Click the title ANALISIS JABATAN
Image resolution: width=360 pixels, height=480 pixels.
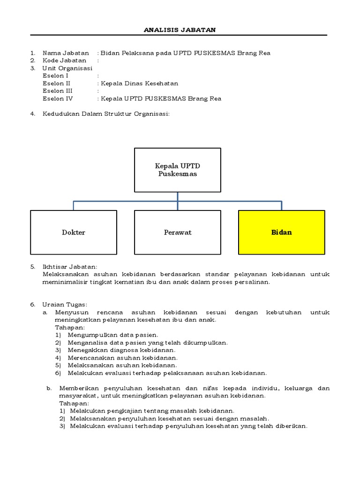coord(180,30)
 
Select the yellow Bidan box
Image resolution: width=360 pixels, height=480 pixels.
coord(281,232)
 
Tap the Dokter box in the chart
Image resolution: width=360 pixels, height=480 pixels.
coord(74,232)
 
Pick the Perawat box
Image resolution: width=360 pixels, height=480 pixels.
coord(178,232)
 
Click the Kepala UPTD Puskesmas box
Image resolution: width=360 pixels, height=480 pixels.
coord(178,170)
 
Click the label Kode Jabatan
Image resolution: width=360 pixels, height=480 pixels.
coord(64,60)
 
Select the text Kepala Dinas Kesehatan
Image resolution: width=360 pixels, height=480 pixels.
coord(140,83)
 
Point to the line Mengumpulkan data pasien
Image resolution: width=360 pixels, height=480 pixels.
coord(113,335)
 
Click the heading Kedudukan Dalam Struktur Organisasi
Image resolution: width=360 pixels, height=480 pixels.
coord(105,114)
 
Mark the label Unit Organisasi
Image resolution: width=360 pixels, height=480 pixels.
coord(67,68)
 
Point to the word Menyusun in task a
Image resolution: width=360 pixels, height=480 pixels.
coord(70,312)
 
